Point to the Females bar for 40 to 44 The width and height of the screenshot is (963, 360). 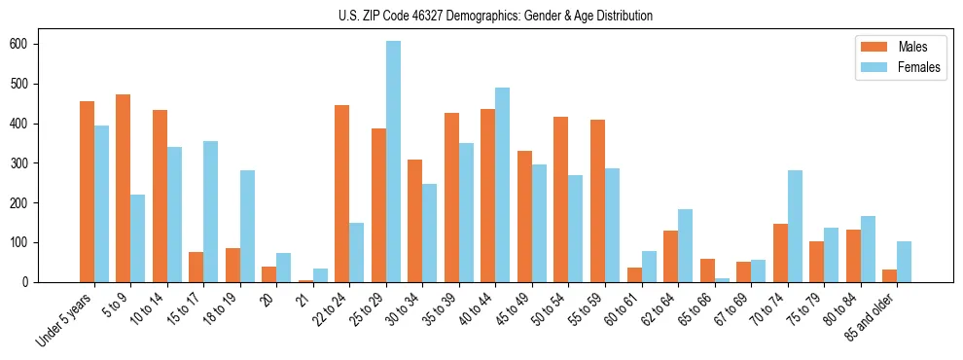coord(503,185)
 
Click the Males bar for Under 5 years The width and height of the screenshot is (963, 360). coord(87,192)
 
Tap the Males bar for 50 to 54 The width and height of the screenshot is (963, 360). coord(561,199)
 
